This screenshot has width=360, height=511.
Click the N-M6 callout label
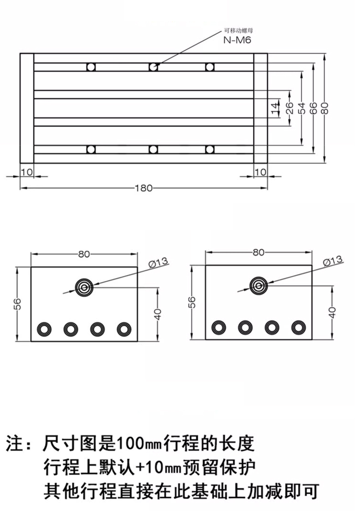click(x=237, y=40)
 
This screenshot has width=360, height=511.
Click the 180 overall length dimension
click(x=144, y=188)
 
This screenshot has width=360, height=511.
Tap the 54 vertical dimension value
click(x=302, y=108)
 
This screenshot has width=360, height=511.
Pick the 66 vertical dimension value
click(x=313, y=108)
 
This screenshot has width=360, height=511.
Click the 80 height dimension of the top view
click(x=325, y=108)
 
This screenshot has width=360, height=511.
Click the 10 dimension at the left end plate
click(x=27, y=172)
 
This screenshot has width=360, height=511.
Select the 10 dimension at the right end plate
click(x=260, y=172)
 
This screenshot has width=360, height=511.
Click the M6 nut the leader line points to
click(x=154, y=67)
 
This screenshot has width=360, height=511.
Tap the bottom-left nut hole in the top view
click(x=91, y=150)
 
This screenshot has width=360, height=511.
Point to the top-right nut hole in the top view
click(x=210, y=67)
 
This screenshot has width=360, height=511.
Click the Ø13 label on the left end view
click(x=158, y=262)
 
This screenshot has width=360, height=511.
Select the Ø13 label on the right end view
click(x=333, y=261)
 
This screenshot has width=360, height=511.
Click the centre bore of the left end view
click(x=84, y=288)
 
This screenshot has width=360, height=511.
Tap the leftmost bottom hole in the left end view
click(x=44, y=329)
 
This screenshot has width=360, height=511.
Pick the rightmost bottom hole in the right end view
click(x=299, y=327)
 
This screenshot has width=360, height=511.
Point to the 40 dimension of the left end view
click(x=158, y=314)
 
